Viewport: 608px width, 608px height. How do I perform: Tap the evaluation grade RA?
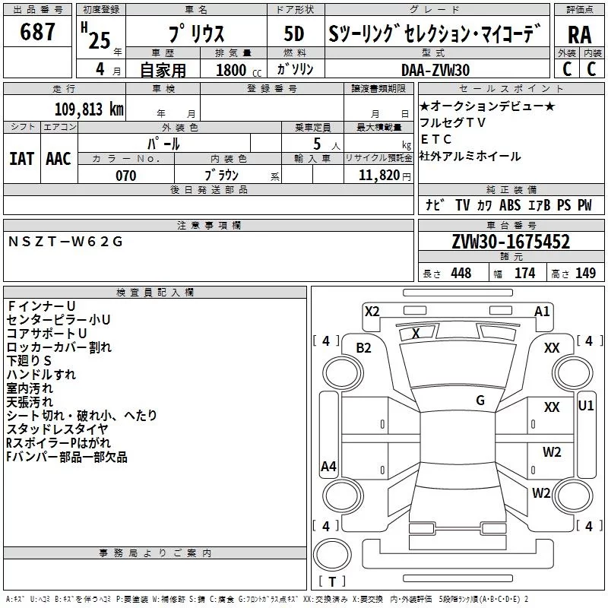point(579,36)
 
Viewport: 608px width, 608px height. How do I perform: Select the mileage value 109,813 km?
point(89,109)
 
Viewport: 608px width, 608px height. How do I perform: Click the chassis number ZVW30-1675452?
point(511,242)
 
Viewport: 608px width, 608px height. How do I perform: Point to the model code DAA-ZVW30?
point(435,69)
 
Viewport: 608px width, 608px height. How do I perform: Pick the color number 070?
point(125,176)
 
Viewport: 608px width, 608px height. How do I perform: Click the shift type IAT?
point(22,158)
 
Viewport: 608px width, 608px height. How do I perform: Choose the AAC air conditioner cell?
point(59,158)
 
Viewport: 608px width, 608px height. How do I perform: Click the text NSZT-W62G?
point(65,242)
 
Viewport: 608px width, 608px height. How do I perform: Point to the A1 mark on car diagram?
point(542,311)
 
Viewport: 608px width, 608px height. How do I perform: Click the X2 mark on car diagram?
point(372,311)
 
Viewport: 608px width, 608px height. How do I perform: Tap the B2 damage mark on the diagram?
point(364,347)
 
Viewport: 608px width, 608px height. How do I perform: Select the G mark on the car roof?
point(480,401)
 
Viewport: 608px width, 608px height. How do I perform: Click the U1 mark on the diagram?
point(586,405)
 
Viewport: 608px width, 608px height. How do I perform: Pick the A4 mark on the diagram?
point(328,467)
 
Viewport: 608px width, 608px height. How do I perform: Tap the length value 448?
point(461,274)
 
